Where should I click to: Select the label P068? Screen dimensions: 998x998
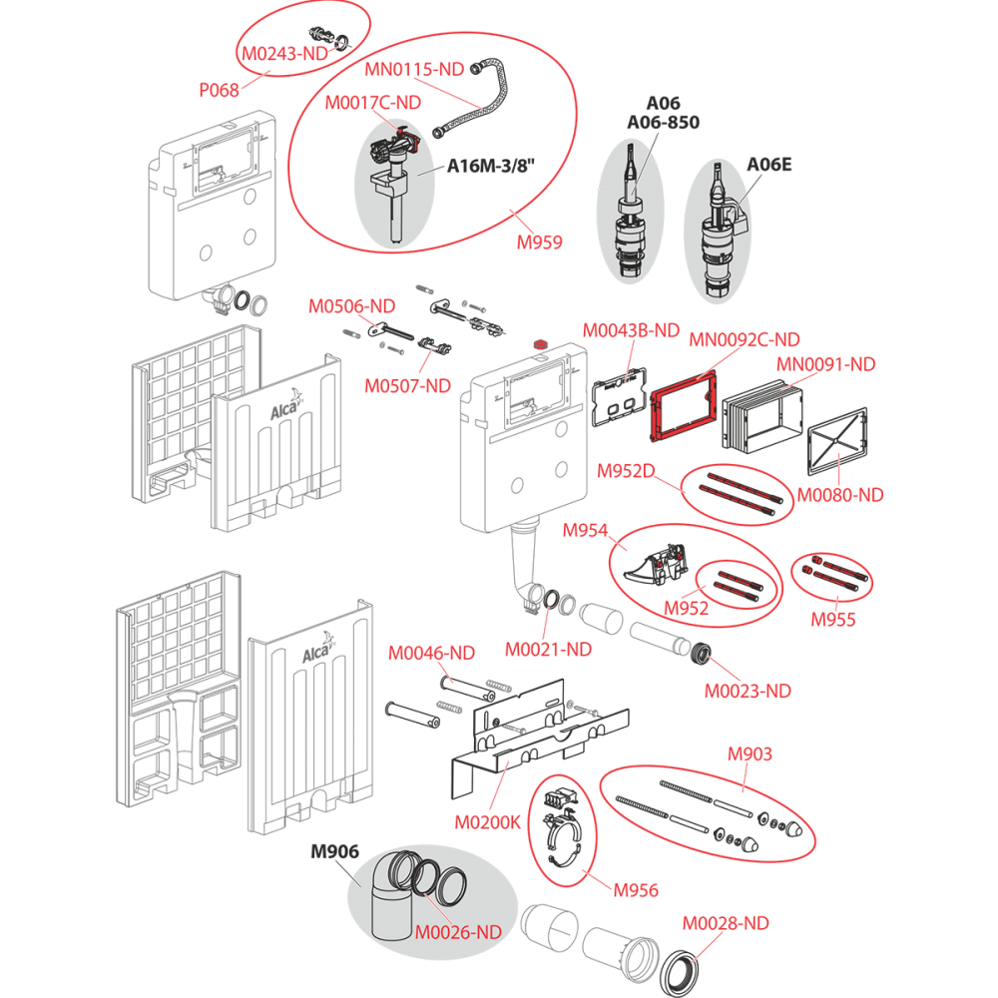point(219,90)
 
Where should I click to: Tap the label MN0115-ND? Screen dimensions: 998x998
point(413,69)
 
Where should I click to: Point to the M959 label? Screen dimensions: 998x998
point(539,242)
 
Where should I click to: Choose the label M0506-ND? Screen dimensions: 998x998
point(351,305)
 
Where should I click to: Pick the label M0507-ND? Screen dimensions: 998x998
point(407,385)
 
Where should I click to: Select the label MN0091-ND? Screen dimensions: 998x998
point(825,365)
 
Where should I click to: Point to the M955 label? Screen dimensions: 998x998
point(833,619)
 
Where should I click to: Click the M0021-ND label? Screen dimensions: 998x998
point(548,649)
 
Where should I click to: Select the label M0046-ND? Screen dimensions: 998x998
point(431,653)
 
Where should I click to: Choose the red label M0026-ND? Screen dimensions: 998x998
point(458,933)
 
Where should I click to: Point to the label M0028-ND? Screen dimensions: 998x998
point(726,923)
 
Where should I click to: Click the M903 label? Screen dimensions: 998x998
point(749,753)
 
